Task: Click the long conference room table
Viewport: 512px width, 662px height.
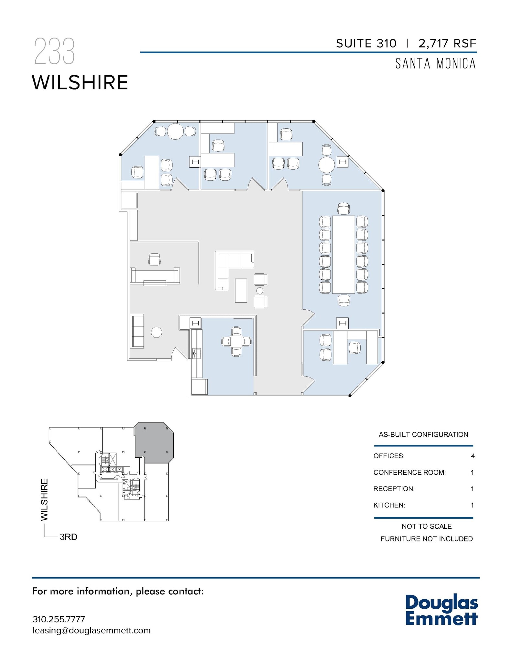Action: [x=343, y=254]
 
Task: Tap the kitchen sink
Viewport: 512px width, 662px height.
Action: [x=197, y=353]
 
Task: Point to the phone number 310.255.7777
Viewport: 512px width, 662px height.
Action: [x=59, y=619]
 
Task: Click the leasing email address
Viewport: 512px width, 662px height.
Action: [x=92, y=630]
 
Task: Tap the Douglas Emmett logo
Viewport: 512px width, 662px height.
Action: [x=441, y=610]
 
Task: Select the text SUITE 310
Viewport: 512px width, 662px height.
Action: [x=366, y=44]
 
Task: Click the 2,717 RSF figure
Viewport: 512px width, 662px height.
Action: [x=447, y=44]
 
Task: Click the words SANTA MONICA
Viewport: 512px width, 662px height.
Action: [x=435, y=64]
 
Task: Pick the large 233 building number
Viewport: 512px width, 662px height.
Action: [x=54, y=51]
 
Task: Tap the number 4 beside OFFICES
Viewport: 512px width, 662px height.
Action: [x=473, y=456]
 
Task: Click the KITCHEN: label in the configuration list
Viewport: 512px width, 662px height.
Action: [x=389, y=505]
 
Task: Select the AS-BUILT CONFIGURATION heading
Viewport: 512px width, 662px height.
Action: [x=423, y=435]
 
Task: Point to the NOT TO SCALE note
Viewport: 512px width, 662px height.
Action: [x=427, y=527]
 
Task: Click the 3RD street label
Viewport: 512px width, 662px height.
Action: [x=69, y=537]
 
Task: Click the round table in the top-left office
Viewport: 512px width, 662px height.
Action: [x=175, y=131]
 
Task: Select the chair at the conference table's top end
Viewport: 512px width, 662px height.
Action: [x=343, y=208]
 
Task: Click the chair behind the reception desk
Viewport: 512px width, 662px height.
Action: [x=155, y=259]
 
